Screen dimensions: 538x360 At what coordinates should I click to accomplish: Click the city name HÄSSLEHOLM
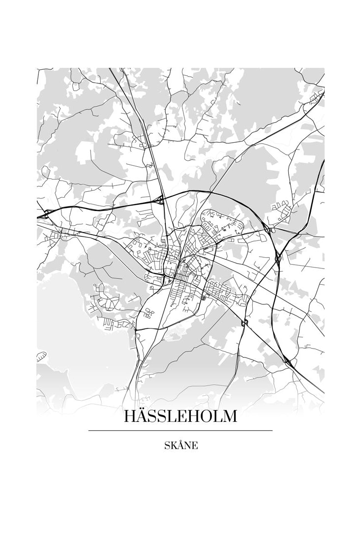(x=180, y=416)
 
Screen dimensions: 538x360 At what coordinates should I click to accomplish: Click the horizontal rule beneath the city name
(x=180, y=431)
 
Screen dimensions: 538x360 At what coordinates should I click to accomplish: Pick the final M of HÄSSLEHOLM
(x=229, y=417)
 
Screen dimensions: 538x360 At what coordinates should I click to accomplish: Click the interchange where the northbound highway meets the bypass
(x=159, y=199)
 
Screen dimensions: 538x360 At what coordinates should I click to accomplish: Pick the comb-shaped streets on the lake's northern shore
(x=113, y=322)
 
